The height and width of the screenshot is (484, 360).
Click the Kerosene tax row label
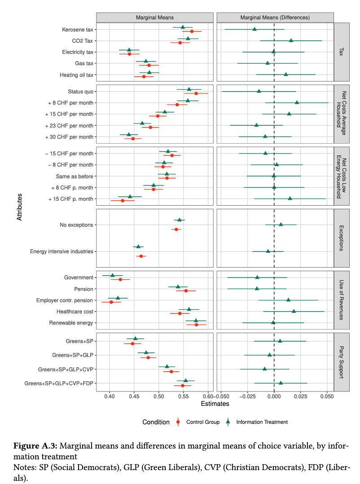tap(78, 30)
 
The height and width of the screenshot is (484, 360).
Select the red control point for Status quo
tap(196, 93)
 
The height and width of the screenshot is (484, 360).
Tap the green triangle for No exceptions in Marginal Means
tap(180, 220)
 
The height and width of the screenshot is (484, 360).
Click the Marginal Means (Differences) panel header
tap(275, 17)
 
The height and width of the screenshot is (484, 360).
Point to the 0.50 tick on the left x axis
tap(158, 396)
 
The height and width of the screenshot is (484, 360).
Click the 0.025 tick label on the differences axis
tap(301, 396)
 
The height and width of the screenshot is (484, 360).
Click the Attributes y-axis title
tap(19, 206)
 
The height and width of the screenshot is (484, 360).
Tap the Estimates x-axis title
tap(215, 404)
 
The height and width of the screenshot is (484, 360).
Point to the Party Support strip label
tap(342, 361)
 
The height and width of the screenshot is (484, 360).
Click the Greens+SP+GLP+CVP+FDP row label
tap(59, 383)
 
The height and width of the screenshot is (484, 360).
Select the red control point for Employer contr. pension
tap(111, 302)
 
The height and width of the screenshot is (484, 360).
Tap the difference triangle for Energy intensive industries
tap(268, 251)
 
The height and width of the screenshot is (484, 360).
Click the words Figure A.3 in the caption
tap(35, 446)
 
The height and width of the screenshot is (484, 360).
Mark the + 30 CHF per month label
tap(70, 136)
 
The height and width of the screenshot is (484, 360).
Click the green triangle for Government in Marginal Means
tap(112, 275)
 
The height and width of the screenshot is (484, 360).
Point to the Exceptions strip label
tap(342, 238)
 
